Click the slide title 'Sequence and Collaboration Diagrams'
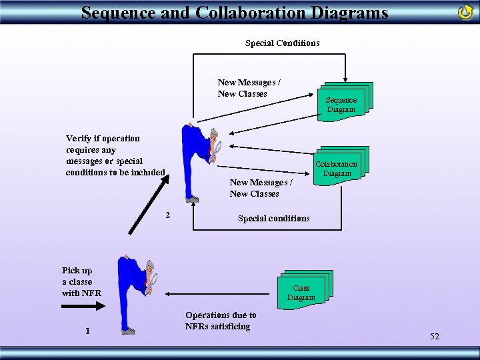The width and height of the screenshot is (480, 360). click(x=234, y=12)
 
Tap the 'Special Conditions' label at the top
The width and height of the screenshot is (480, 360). click(x=282, y=43)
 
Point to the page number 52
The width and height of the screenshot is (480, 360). click(x=435, y=337)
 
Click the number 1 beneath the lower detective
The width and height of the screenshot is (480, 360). click(x=87, y=331)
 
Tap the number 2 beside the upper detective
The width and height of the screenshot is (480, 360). click(x=167, y=215)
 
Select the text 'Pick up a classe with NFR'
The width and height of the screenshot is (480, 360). click(x=81, y=281)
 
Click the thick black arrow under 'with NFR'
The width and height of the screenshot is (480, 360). click(x=83, y=306)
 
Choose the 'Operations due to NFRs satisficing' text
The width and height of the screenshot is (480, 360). click(x=221, y=321)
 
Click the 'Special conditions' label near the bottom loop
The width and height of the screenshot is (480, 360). click(x=273, y=219)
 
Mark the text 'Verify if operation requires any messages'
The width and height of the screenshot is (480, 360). click(x=115, y=155)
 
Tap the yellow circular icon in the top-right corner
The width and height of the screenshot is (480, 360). click(x=465, y=11)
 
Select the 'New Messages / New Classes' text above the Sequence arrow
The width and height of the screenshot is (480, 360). click(x=249, y=88)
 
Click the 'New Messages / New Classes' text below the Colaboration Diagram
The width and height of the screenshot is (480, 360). click(x=259, y=188)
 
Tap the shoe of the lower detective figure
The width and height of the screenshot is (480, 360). click(x=128, y=331)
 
